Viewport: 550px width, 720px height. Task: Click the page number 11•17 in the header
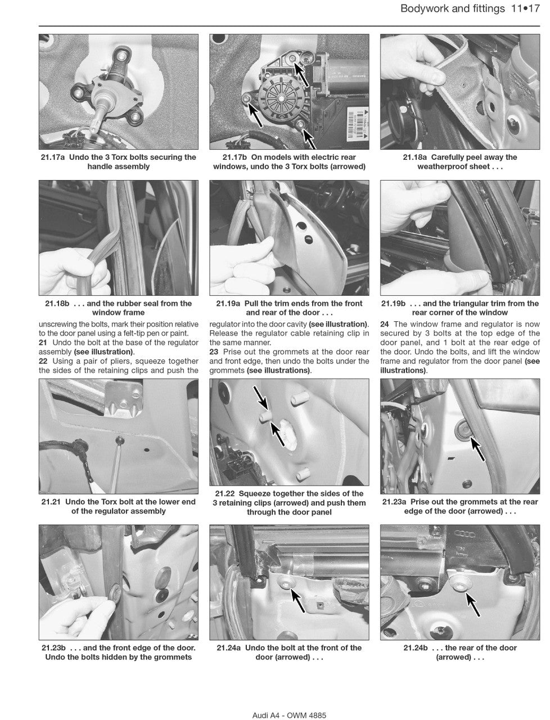click(526, 8)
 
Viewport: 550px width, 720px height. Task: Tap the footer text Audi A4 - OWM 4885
click(289, 715)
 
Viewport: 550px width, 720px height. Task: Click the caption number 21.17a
click(55, 157)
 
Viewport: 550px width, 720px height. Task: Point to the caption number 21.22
click(226, 493)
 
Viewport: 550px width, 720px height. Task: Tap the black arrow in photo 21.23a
click(477, 448)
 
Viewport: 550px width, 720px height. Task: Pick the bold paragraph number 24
click(385, 324)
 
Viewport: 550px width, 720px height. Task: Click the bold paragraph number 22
click(43, 361)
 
